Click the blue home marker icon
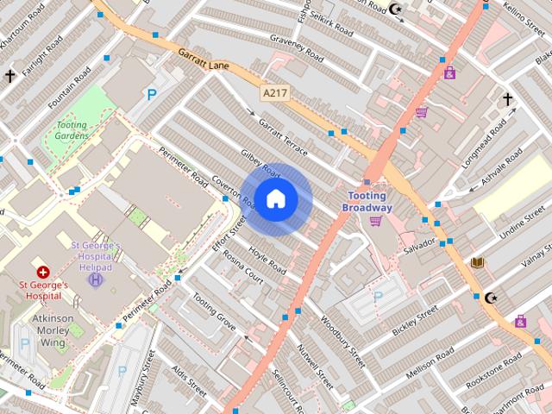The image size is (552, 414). [275, 199]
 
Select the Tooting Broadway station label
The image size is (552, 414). [367, 202]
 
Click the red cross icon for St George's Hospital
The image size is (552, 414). [42, 272]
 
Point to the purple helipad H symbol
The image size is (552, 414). [96, 279]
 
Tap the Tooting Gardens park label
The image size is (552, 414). [72, 130]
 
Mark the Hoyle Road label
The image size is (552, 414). [267, 258]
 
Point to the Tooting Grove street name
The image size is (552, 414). [214, 311]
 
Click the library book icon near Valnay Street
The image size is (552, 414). [478, 262]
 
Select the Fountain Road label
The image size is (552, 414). [69, 87]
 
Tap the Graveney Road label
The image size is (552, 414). [295, 49]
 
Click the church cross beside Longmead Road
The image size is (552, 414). [507, 99]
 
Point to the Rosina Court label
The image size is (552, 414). [243, 267]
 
